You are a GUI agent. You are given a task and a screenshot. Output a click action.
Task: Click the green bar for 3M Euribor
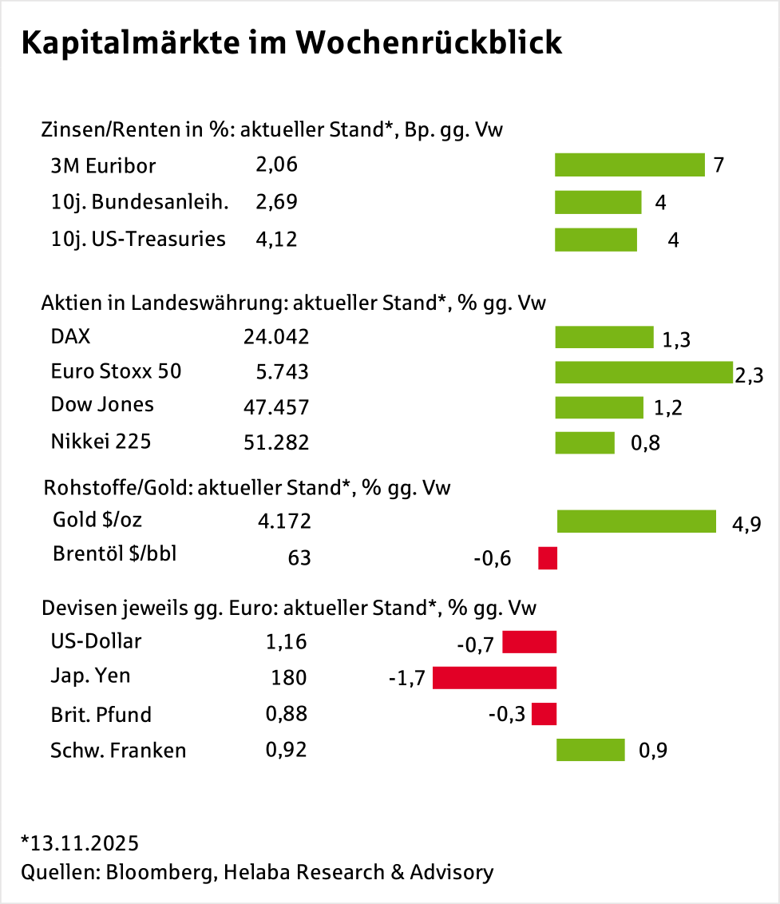(629, 165)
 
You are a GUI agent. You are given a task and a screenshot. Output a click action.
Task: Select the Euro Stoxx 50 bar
(643, 372)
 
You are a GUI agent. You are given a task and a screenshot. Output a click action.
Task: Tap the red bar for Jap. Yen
(494, 678)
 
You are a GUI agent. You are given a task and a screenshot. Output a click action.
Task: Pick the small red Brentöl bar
(548, 557)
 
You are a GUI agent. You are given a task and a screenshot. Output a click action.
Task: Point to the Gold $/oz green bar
(636, 521)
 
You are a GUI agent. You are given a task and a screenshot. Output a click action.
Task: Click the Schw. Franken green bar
(590, 750)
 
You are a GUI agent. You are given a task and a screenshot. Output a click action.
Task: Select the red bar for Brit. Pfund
(544, 713)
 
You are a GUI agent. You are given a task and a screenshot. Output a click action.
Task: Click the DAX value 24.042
(275, 337)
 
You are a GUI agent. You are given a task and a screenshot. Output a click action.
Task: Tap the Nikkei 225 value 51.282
(275, 442)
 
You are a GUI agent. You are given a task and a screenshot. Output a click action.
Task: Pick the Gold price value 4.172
(284, 521)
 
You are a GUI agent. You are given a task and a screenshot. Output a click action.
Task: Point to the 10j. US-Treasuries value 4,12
(276, 239)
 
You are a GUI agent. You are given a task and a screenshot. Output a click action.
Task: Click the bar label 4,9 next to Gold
(746, 524)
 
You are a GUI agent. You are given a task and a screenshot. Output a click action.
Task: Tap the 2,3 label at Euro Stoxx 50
(749, 375)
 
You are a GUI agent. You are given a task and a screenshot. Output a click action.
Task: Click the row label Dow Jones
(102, 405)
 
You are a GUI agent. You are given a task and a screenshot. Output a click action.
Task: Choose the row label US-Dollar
(97, 641)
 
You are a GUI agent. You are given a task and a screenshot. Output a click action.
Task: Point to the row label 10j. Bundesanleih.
(140, 202)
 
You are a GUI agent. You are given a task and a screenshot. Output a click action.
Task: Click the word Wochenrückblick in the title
(430, 43)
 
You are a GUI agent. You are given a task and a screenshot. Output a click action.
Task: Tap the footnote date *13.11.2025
(80, 843)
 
